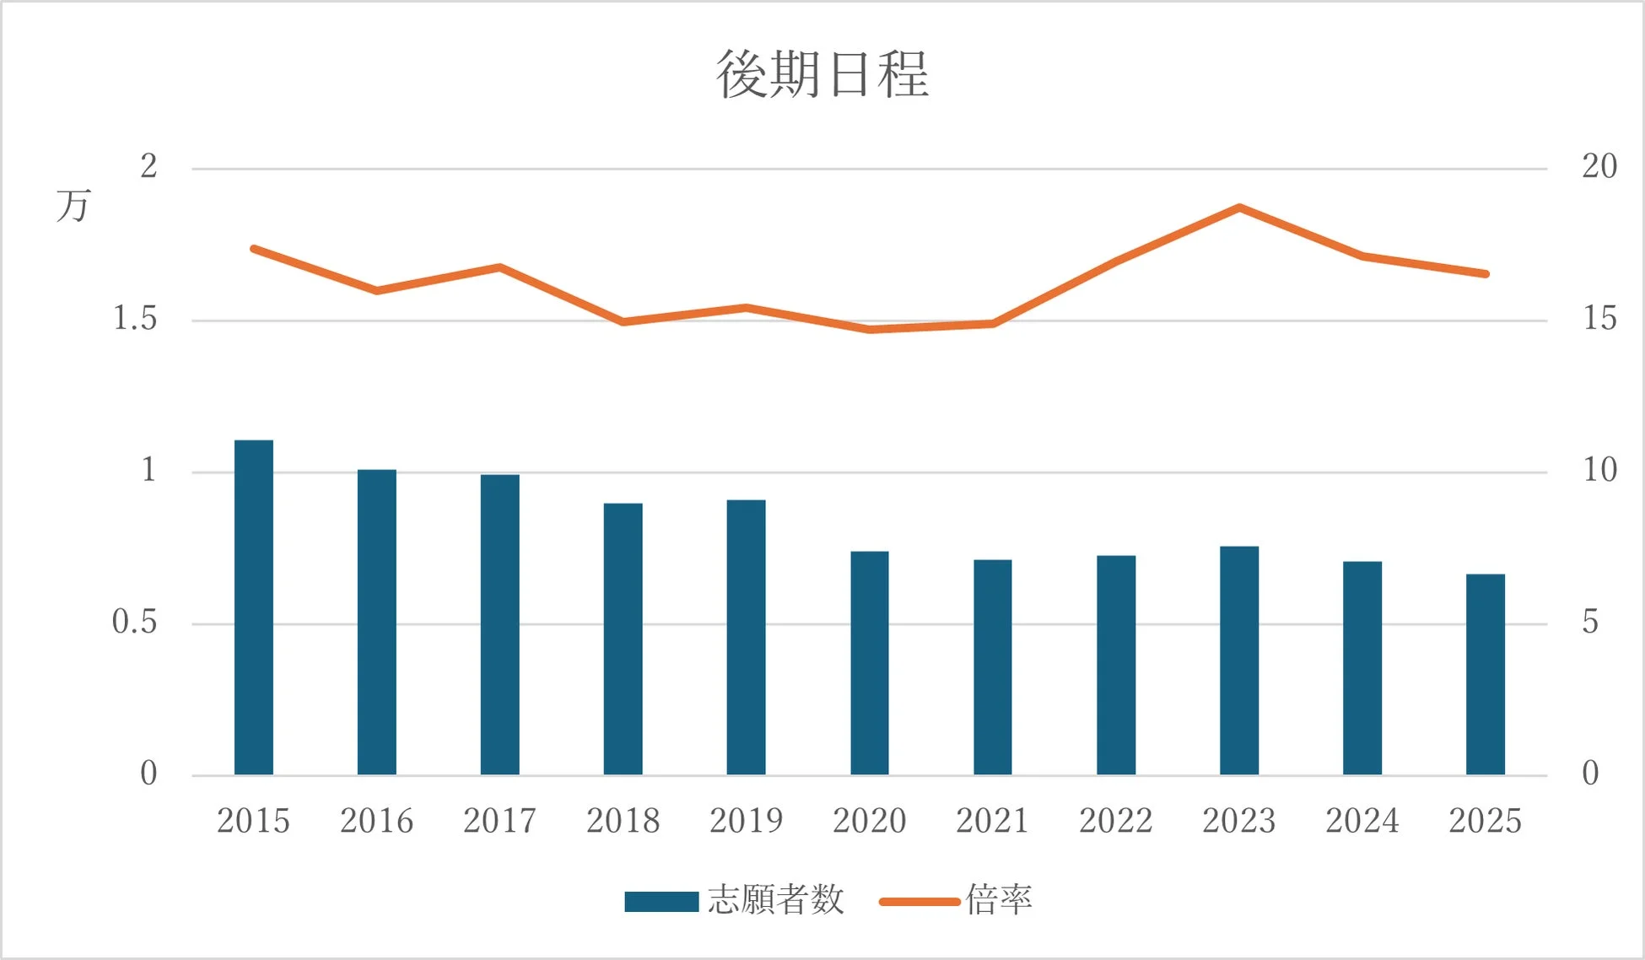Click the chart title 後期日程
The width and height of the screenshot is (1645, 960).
[x=822, y=74]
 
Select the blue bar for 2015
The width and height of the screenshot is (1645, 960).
[x=254, y=607]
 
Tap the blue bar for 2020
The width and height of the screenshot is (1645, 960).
[x=870, y=663]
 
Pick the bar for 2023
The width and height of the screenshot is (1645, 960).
[x=1239, y=661]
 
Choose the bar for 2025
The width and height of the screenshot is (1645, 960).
[x=1486, y=675]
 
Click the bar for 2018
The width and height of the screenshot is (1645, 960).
[x=623, y=639]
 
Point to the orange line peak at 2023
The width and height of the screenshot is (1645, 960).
[x=1239, y=207]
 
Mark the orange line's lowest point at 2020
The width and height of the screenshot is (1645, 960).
[x=870, y=329]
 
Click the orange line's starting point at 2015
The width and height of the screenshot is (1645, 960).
[x=254, y=249]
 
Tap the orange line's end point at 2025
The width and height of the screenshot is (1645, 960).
[x=1486, y=273]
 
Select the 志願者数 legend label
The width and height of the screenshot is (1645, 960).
[x=776, y=900]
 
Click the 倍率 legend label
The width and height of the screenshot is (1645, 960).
[x=999, y=900]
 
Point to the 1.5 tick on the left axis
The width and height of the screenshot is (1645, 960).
[x=135, y=319]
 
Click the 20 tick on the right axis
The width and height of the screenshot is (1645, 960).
[x=1599, y=166]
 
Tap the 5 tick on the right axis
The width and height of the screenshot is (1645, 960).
[x=1590, y=623]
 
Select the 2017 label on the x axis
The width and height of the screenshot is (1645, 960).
[x=499, y=821]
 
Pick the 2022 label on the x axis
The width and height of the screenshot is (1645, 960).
[x=1115, y=821]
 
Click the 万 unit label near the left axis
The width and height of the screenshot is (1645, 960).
[x=73, y=206]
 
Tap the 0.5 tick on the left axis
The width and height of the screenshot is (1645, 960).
[x=135, y=623]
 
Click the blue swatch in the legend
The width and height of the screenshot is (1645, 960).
[x=661, y=902]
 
